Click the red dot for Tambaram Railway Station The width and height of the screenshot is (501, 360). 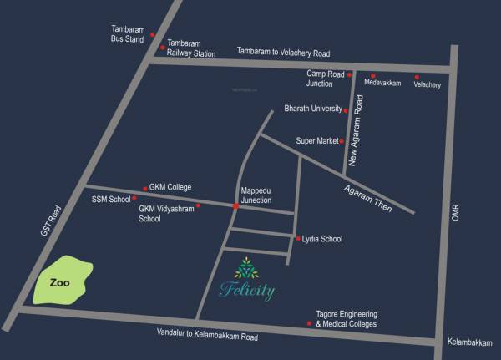(163, 48)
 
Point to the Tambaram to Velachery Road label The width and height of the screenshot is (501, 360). (284, 51)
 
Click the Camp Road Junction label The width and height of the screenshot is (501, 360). (326, 79)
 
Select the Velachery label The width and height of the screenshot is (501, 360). (427, 84)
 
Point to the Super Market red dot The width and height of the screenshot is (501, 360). (342, 141)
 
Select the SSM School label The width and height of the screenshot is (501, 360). (111, 199)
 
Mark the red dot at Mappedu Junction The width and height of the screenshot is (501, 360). (235, 206)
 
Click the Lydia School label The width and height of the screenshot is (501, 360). (322, 239)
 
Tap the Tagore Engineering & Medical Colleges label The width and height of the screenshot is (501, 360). (346, 318)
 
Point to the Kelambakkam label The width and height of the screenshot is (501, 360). (470, 342)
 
